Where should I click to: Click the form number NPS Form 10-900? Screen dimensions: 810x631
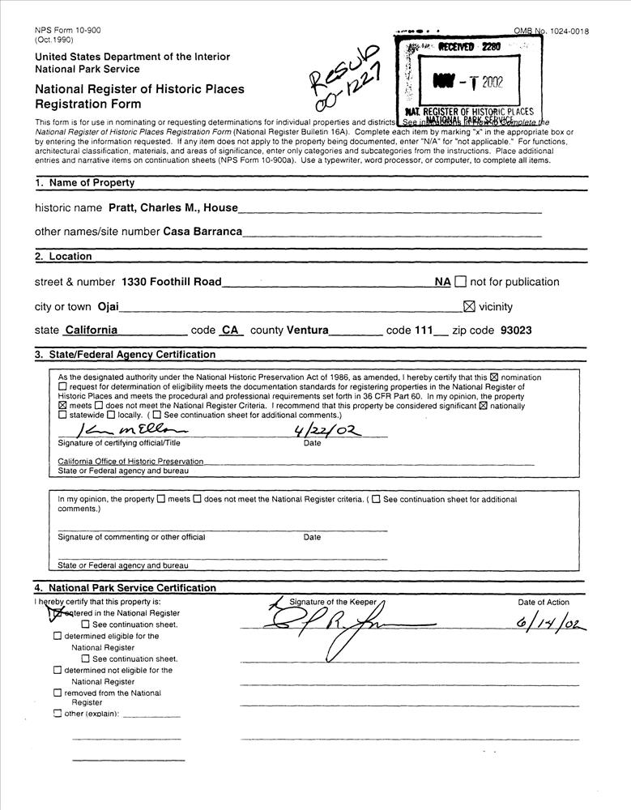pyautogui.click(x=68, y=31)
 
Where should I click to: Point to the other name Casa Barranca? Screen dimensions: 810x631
pyautogui.click(x=203, y=232)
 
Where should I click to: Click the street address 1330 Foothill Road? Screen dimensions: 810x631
pyautogui.click(x=172, y=282)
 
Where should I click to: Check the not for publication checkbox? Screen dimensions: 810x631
pyautogui.click(x=461, y=282)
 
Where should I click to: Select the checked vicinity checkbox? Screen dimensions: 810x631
pyautogui.click(x=468, y=307)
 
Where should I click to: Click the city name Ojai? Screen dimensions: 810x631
pyautogui.click(x=108, y=307)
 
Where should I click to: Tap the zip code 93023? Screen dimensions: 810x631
pyautogui.click(x=517, y=330)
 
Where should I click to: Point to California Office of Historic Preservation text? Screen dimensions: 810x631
pyautogui.click(x=130, y=462)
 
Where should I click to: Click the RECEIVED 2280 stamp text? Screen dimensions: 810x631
pyautogui.click(x=469, y=48)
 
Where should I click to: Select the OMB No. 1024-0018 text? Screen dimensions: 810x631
pyautogui.click(x=551, y=32)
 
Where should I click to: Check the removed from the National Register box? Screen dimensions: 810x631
pyautogui.click(x=58, y=693)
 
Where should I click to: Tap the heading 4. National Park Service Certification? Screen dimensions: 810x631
pyautogui.click(x=125, y=588)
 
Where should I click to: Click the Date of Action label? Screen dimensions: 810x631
pyautogui.click(x=544, y=603)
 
